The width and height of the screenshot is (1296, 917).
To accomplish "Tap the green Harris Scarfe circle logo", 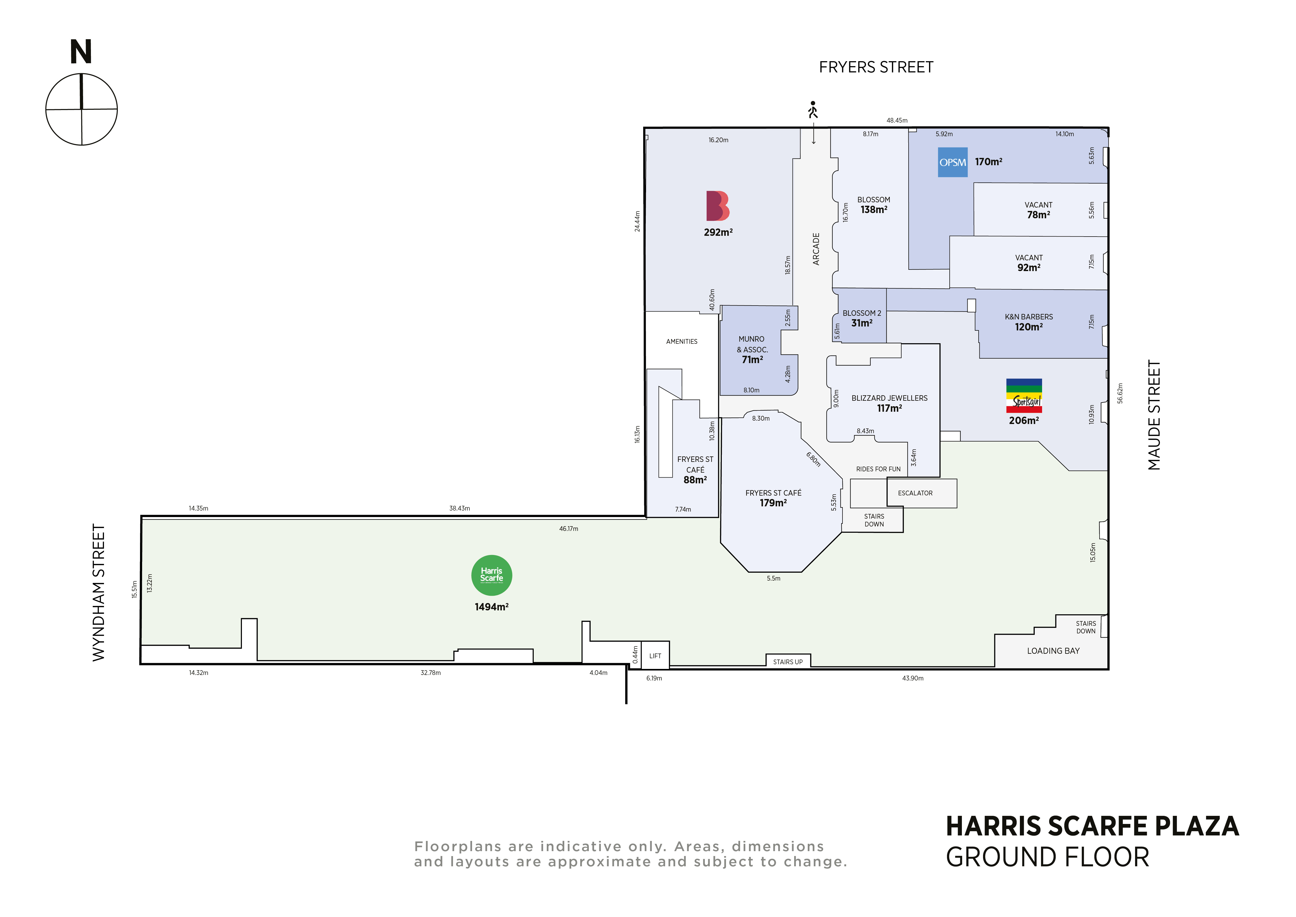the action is coord(492,575).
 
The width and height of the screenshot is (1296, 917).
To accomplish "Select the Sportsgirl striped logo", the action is coord(1024,396).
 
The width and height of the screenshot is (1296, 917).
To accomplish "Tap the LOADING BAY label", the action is coord(1053,651).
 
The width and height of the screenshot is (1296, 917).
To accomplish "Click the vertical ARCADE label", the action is coord(816,249).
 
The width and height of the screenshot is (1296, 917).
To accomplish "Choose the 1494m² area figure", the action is coord(492,607).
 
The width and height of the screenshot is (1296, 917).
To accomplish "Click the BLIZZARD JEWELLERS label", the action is coord(890,398).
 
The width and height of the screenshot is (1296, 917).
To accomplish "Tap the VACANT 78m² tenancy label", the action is coord(1039,210).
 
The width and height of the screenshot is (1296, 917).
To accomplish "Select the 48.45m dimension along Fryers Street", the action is coord(897,120).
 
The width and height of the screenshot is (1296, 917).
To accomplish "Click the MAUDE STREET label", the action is coord(1154,415).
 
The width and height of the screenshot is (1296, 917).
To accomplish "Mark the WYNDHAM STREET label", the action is coord(99,593).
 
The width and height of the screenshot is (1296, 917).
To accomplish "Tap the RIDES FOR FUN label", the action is coord(878,469).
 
